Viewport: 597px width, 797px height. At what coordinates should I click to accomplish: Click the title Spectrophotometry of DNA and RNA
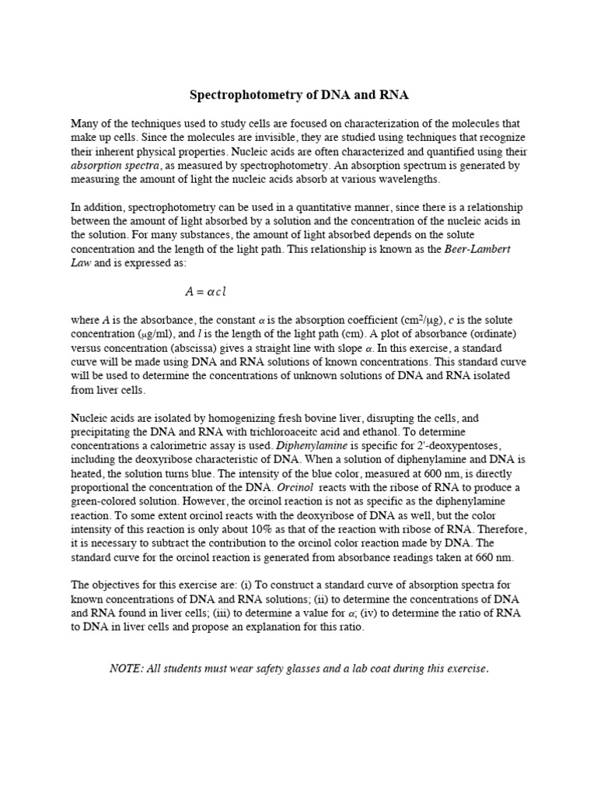point(299,95)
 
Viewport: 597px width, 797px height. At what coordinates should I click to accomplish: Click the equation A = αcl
point(205,292)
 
